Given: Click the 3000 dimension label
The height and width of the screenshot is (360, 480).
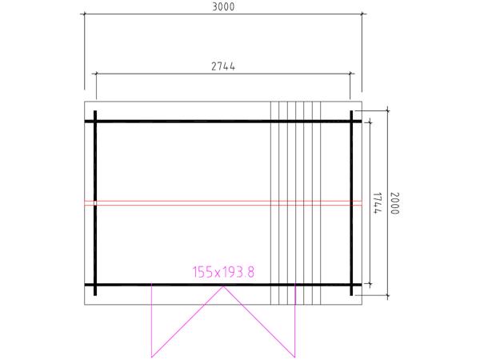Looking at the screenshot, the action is pyautogui.click(x=223, y=6).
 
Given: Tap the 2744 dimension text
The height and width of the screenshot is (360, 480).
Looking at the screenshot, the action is pyautogui.click(x=223, y=66).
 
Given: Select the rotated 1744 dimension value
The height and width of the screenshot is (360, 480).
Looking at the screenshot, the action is pyautogui.click(x=377, y=203).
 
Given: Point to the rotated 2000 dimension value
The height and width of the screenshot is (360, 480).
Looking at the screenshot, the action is pyautogui.click(x=394, y=203).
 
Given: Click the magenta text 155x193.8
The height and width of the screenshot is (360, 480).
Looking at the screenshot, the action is pyautogui.click(x=223, y=272).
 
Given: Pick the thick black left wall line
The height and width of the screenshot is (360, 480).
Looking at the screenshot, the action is pyautogui.click(x=95, y=203).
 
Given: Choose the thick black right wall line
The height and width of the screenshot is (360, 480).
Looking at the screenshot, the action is pyautogui.click(x=351, y=203).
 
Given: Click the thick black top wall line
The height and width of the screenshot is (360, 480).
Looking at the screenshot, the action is pyautogui.click(x=223, y=122).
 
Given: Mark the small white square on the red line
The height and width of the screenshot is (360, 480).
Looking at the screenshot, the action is pyautogui.click(x=95, y=203).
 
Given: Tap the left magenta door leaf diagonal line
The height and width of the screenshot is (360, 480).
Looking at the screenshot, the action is pyautogui.click(x=187, y=322).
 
